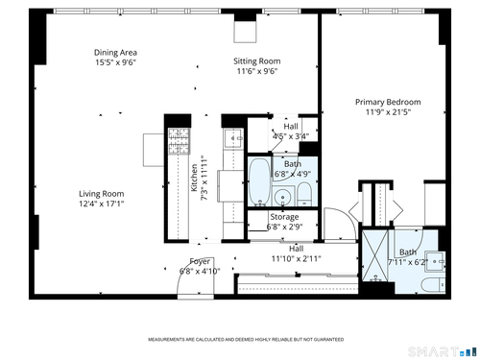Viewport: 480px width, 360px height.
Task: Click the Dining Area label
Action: [115, 53]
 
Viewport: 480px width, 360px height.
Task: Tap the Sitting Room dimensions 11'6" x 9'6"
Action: [257, 71]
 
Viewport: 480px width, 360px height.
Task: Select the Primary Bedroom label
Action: [388, 102]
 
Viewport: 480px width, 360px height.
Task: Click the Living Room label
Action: [102, 194]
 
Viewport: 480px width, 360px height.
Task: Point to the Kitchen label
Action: [194, 178]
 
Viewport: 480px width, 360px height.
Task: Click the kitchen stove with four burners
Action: [180, 141]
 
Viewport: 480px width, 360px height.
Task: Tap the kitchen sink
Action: [233, 138]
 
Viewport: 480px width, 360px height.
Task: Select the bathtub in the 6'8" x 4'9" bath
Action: [259, 181]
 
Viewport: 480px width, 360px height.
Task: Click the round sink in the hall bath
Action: [283, 196]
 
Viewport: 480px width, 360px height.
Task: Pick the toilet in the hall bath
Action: [304, 194]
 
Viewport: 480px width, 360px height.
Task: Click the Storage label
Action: [284, 217]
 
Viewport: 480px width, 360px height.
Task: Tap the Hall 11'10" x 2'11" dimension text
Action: [297, 258]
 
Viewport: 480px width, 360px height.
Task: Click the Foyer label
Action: [200, 262]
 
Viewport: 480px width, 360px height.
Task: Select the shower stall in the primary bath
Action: [375, 256]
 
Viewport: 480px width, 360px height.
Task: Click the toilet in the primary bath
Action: [433, 284]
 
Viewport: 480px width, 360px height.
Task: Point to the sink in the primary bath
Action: [435, 262]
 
